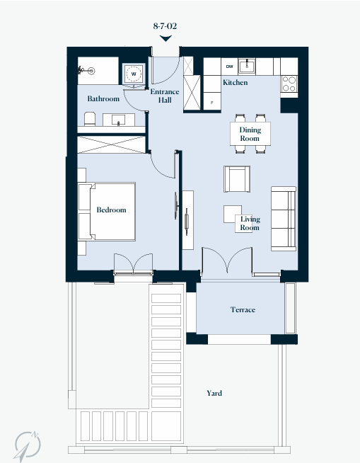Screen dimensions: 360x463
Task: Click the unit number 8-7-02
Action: click(165, 26)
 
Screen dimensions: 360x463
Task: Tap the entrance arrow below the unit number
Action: click(166, 38)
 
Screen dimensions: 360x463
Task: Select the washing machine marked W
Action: click(134, 74)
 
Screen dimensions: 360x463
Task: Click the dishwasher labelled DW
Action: click(229, 67)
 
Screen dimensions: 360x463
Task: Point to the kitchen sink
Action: click(247, 66)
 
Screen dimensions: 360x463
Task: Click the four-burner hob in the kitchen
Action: click(289, 84)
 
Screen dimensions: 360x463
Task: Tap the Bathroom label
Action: click(103, 98)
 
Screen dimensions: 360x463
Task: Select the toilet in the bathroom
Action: click(90, 119)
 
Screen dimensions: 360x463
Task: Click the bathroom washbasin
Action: click(118, 120)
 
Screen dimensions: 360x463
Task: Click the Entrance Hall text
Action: click(165, 96)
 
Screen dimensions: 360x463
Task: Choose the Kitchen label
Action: click(236, 82)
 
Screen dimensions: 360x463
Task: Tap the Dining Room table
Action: click(250, 134)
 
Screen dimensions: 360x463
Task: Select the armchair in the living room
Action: click(237, 179)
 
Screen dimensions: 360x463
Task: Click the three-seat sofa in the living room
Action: click(284, 219)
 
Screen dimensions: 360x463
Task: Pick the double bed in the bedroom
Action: click(107, 212)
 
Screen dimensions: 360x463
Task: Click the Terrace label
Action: click(243, 309)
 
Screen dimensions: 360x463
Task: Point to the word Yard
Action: click(214, 393)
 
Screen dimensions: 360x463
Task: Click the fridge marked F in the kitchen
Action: click(212, 101)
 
